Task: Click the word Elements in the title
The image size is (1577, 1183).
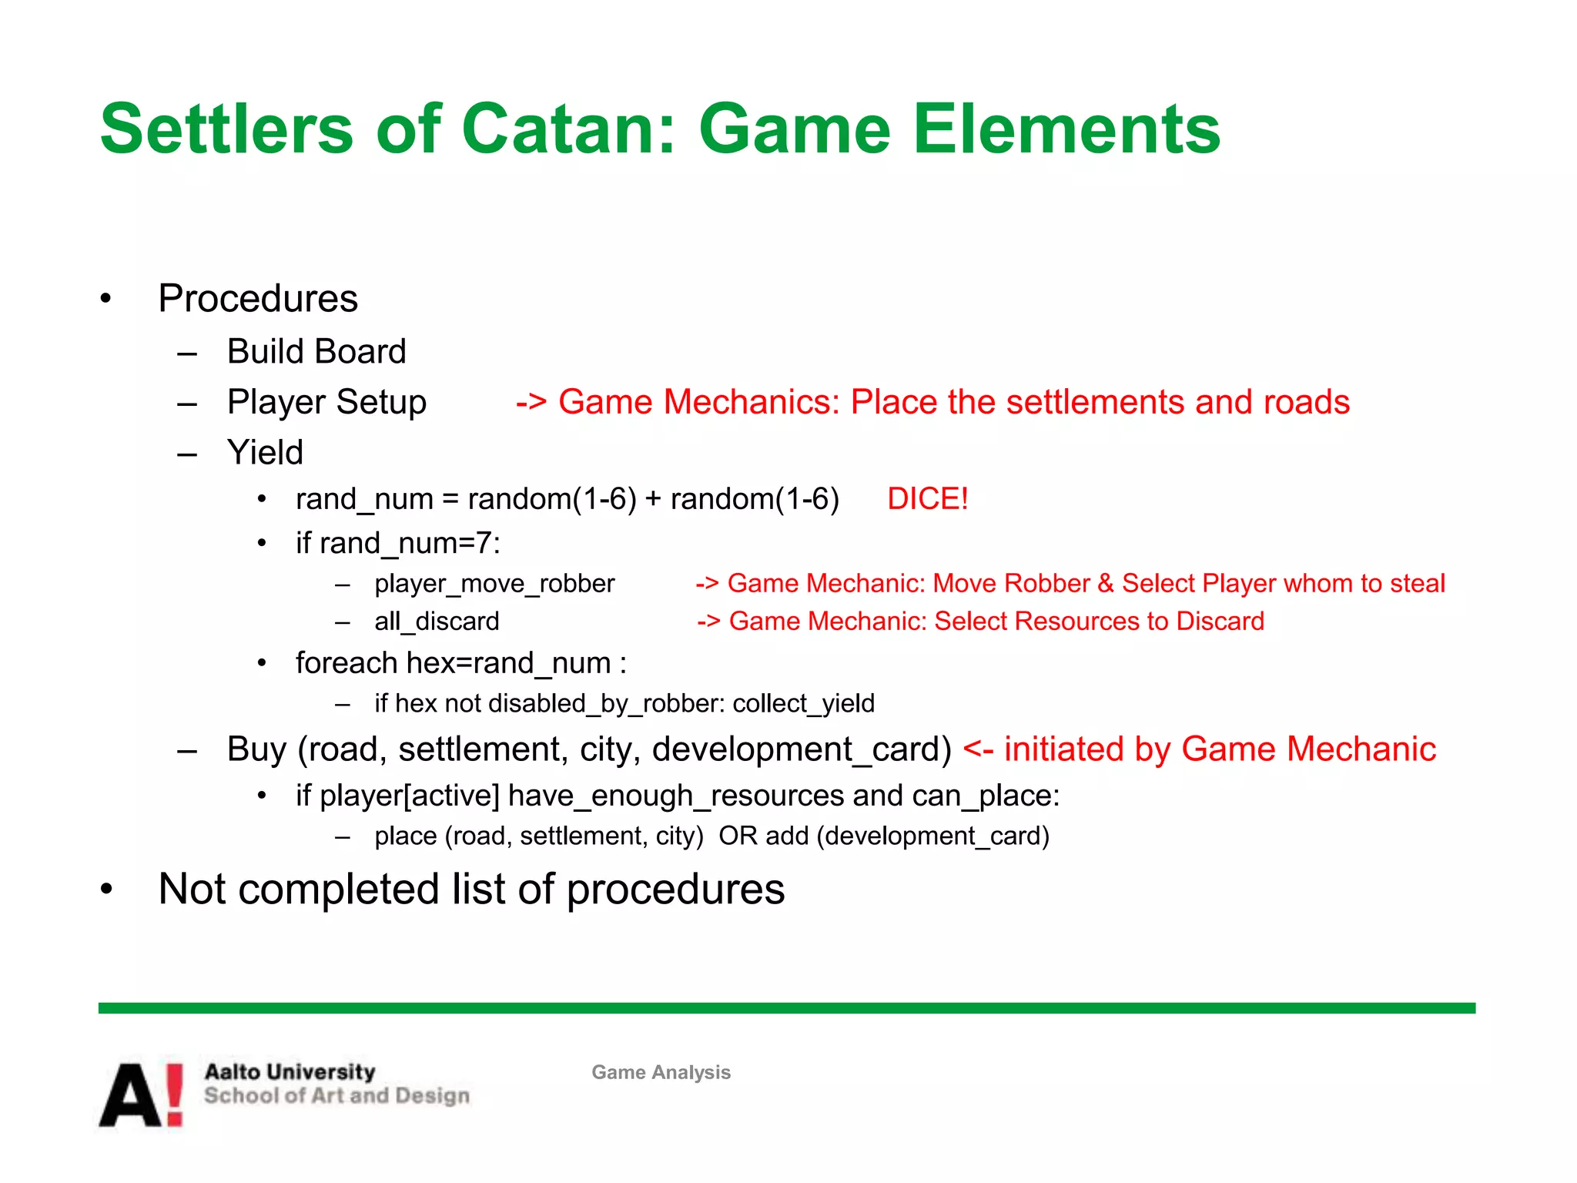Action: click(1066, 129)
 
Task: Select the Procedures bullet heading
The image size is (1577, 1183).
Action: click(258, 298)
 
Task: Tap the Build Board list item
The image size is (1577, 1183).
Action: click(316, 351)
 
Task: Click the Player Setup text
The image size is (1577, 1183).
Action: click(326, 402)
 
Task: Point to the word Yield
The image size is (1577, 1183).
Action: click(265, 452)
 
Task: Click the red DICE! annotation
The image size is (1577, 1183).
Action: click(927, 498)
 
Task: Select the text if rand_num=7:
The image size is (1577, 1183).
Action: click(398, 543)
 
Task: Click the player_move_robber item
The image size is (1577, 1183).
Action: click(494, 583)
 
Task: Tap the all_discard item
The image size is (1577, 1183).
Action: click(437, 621)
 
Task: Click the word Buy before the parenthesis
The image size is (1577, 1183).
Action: click(257, 749)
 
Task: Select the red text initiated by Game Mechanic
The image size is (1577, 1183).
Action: click(1219, 749)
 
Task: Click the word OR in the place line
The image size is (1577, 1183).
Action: click(737, 836)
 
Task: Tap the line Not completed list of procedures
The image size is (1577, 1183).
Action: click(471, 889)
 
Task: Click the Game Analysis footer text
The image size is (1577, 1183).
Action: click(661, 1072)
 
